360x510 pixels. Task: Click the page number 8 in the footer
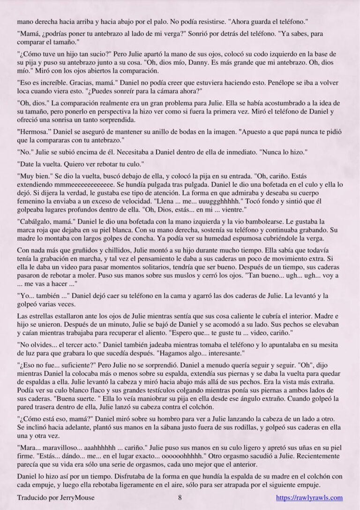(x=180, y=498)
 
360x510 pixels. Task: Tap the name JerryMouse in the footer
(x=70, y=498)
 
